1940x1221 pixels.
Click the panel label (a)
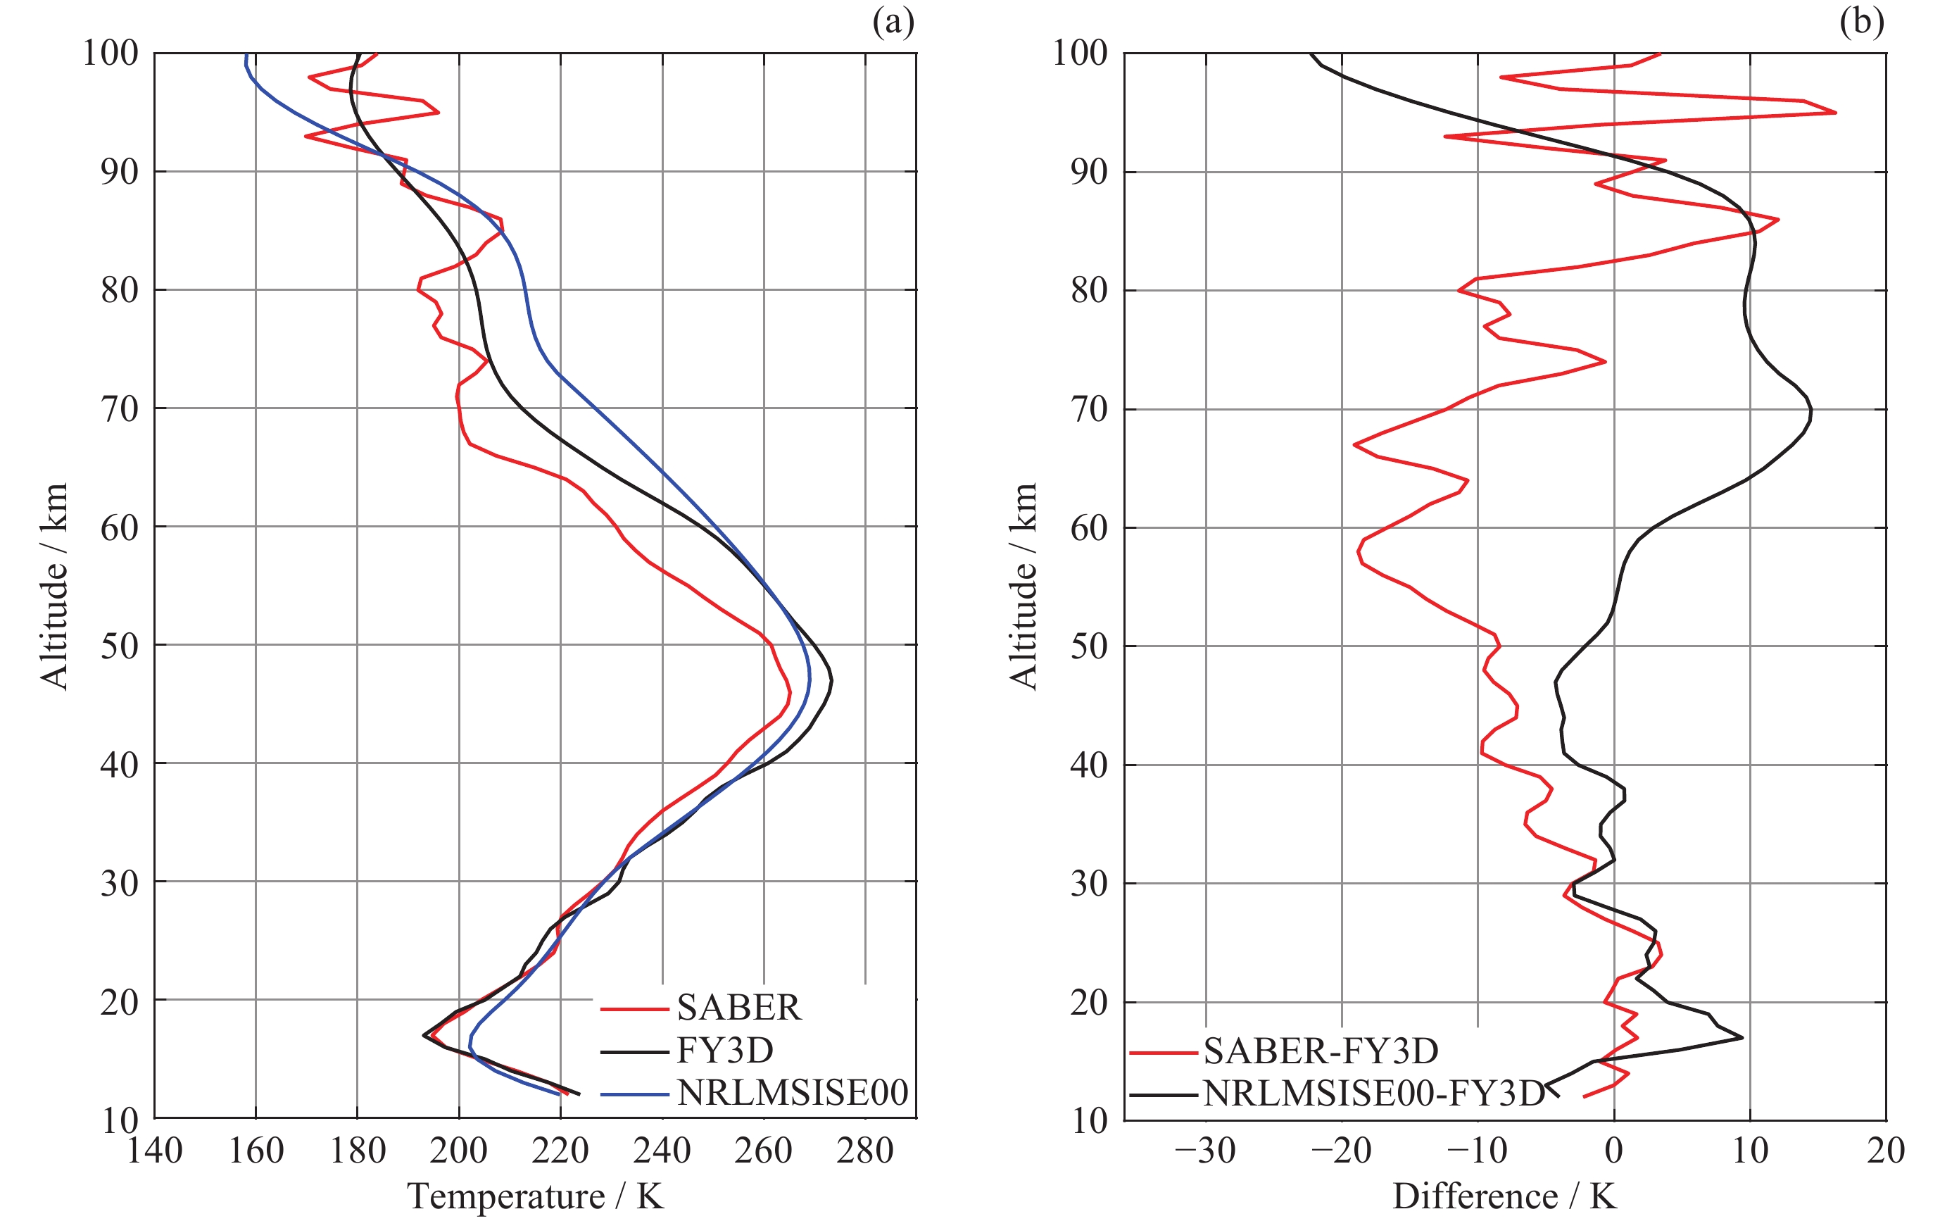point(893,22)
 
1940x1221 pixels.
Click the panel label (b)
point(1861,22)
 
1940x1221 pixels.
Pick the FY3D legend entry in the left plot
point(725,1050)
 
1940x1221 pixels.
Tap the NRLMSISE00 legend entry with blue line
point(792,1093)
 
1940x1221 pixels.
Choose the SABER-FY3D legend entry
point(1321,1051)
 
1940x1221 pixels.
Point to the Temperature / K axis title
point(536,1196)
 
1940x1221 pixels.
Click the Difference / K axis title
point(1504,1196)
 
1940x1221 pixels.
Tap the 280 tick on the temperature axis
point(865,1151)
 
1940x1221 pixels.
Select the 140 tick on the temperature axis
point(155,1151)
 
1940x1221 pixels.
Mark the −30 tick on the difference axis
point(1205,1151)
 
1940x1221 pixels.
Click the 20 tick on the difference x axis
point(1885,1151)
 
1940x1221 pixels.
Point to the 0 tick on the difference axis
point(1613,1151)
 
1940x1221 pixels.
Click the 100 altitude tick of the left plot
point(111,54)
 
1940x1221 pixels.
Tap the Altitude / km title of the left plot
point(54,586)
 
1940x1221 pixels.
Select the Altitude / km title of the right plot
point(1023,586)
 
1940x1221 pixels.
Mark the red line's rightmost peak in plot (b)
point(1835,113)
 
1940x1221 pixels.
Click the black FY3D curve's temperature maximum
point(831,682)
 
